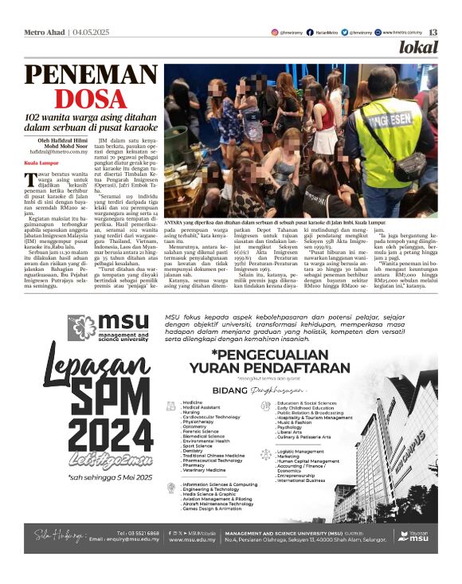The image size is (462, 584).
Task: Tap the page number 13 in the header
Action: [433, 33]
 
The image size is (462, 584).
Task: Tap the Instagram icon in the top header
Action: [273, 33]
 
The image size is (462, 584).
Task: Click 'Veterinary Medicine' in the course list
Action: [207, 471]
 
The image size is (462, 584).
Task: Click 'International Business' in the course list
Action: [301, 480]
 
